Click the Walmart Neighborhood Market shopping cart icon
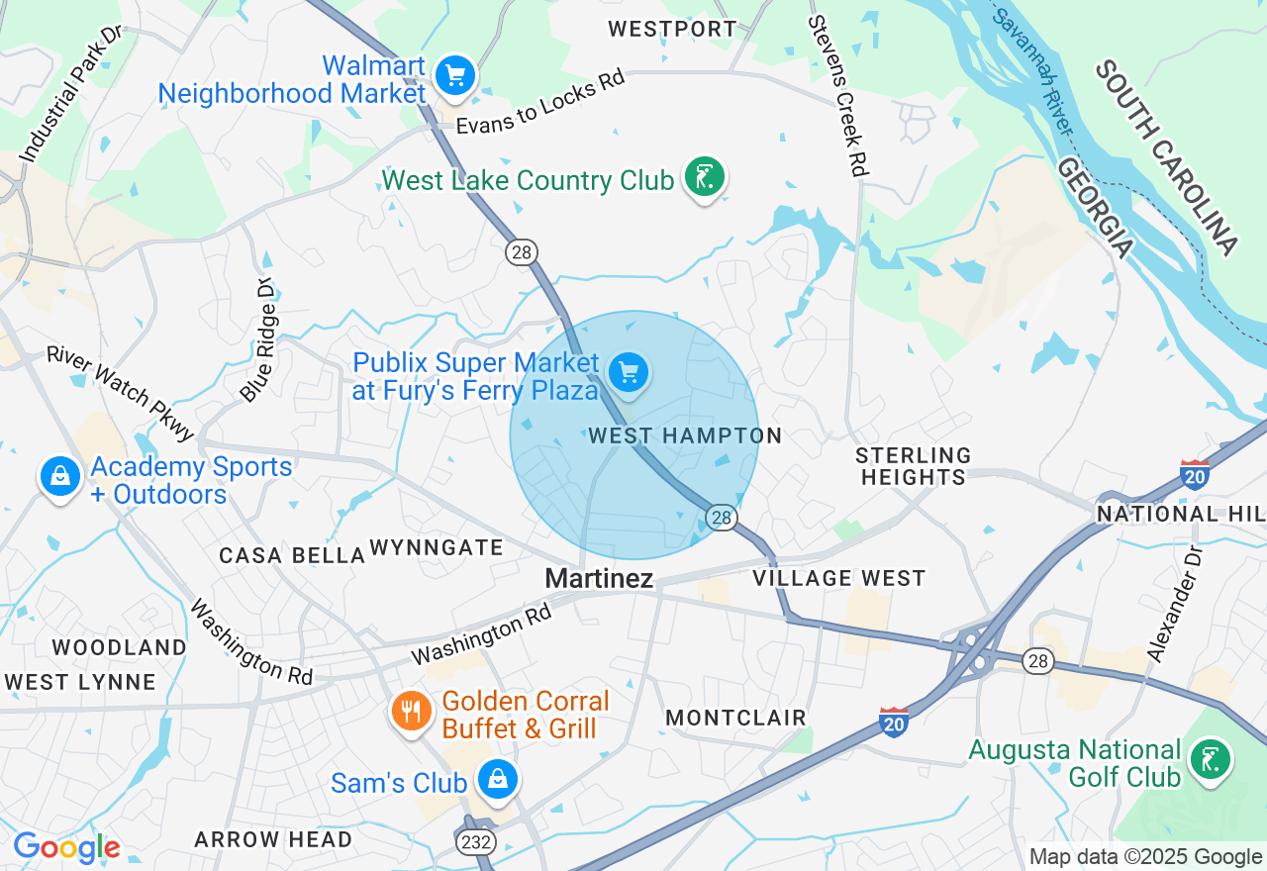[455, 75]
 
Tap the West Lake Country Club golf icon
[705, 178]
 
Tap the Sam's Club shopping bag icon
[498, 780]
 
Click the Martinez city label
[600, 578]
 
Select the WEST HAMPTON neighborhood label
[685, 435]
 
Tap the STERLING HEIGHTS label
[914, 466]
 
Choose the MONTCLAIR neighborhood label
[735, 718]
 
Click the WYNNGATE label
[437, 547]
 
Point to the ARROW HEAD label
[273, 840]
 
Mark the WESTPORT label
[672, 29]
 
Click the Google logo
[66, 848]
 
